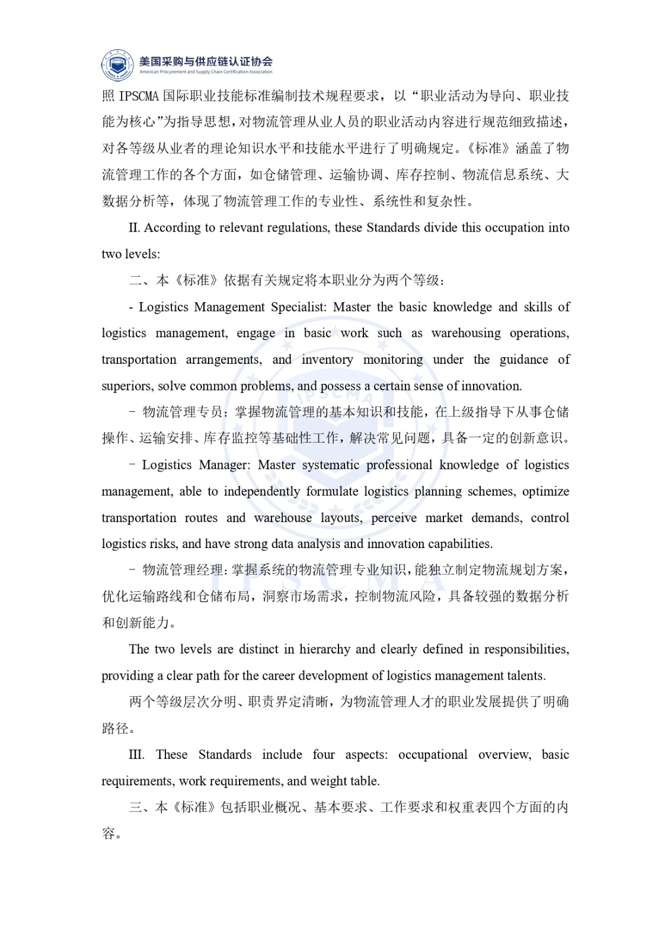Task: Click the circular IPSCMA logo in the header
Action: (x=117, y=65)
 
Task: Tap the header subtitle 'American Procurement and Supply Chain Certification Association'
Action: (x=206, y=72)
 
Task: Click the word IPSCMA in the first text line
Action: (x=139, y=96)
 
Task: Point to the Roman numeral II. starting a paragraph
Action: (x=135, y=228)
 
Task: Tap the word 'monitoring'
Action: (x=393, y=360)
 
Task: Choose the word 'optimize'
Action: (x=545, y=491)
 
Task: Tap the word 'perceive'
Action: (x=394, y=518)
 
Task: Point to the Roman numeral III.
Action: (x=136, y=755)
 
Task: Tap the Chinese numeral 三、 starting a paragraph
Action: (x=140, y=808)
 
